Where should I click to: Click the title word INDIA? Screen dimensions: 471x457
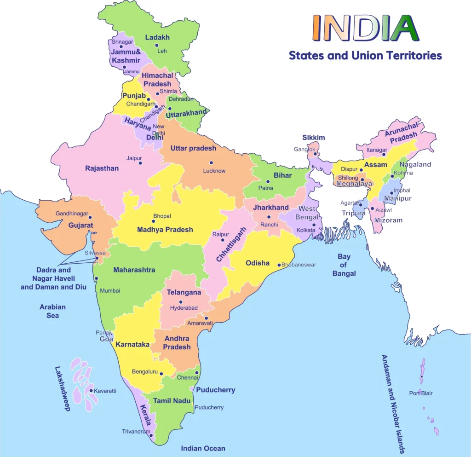point(365,28)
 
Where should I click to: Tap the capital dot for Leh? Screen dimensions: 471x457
point(156,45)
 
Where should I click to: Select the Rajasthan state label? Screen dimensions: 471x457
point(102,168)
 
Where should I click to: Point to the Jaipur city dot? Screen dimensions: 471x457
point(140,163)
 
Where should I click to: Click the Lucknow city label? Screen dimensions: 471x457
point(214,171)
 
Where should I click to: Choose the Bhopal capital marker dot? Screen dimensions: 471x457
point(154,221)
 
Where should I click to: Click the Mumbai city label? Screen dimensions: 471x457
point(110,290)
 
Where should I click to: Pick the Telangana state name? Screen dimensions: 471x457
point(184,292)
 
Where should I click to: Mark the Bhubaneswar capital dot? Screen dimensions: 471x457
point(279,265)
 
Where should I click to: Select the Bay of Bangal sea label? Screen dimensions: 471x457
point(344,265)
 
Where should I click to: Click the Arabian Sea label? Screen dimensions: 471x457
point(52,311)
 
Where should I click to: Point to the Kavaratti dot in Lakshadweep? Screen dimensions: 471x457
point(91,391)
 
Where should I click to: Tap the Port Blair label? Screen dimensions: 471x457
point(421,393)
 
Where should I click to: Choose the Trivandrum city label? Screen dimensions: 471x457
point(136,432)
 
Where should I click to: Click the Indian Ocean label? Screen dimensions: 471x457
point(203,448)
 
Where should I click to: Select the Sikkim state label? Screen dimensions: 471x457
point(314,138)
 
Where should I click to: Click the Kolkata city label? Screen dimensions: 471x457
point(306,230)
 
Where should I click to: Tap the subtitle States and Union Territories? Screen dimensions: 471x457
point(365,56)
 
